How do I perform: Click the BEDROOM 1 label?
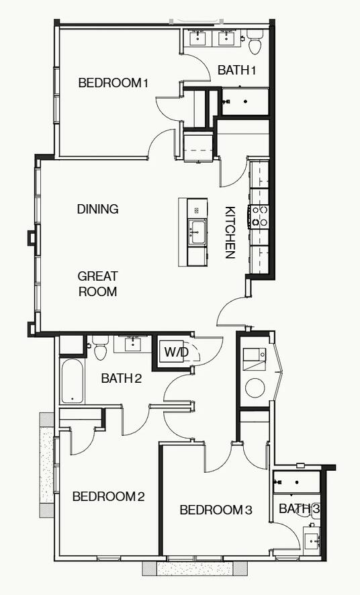point(113,83)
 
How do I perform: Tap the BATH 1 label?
point(237,70)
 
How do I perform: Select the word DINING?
point(97,209)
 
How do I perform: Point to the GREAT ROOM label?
point(97,283)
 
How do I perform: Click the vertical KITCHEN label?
point(230,232)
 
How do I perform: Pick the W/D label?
point(176,351)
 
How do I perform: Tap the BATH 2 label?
point(122,378)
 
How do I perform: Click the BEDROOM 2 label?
point(108,496)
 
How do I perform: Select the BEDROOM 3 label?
point(216,510)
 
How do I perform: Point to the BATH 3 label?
point(300,508)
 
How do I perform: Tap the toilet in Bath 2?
point(101,349)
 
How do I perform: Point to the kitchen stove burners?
point(259,216)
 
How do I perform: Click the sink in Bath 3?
point(311,539)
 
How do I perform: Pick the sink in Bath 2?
point(132,345)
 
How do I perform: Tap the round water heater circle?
point(255,387)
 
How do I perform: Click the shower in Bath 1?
point(244,101)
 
